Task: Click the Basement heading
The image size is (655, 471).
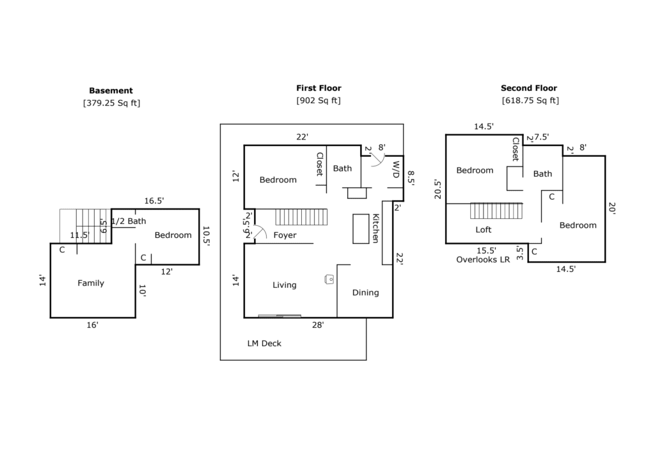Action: coord(111,91)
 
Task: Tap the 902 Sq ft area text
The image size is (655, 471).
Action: coord(319,100)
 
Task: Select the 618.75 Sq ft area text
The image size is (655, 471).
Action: coord(530,100)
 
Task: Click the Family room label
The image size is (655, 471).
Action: coord(91,283)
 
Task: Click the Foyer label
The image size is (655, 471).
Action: coord(285,235)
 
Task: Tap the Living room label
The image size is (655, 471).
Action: coord(285,285)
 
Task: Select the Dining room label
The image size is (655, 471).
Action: coord(365,292)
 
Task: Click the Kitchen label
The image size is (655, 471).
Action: coord(375,228)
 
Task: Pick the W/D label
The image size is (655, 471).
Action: coord(395,170)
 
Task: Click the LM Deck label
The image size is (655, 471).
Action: coord(264,343)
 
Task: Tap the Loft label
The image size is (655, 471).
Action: coord(484,230)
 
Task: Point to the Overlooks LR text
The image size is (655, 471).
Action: coord(483,260)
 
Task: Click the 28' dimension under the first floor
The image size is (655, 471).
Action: coord(318,325)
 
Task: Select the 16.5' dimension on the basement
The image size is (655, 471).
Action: coord(154,201)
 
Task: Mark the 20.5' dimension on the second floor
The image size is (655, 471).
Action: coord(438,189)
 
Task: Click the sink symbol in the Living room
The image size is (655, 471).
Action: coord(329,279)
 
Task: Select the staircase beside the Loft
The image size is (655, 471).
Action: coord(496,211)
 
